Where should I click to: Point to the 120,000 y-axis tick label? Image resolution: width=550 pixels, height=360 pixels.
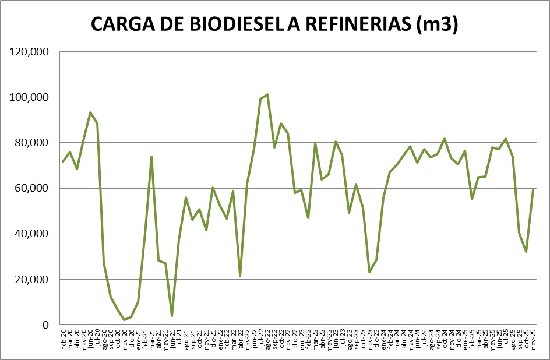click(29, 52)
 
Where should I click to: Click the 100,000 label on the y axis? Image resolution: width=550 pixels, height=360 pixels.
click(29, 97)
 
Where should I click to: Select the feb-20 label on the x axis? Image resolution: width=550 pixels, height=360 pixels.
click(63, 338)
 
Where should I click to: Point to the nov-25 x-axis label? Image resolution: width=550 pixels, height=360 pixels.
click(534, 338)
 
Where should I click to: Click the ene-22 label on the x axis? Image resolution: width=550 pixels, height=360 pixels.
click(220, 338)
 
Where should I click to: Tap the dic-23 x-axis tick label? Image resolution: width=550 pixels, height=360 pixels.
click(377, 338)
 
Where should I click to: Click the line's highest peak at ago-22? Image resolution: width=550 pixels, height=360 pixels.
click(267, 94)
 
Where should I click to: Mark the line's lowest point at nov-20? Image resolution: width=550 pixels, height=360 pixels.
click(124, 320)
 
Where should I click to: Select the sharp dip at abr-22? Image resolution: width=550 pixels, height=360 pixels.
click(240, 276)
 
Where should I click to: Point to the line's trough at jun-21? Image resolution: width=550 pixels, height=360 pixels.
click(172, 316)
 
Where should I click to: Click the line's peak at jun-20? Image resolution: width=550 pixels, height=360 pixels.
click(90, 112)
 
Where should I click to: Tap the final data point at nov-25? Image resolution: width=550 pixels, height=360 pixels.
click(534, 189)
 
